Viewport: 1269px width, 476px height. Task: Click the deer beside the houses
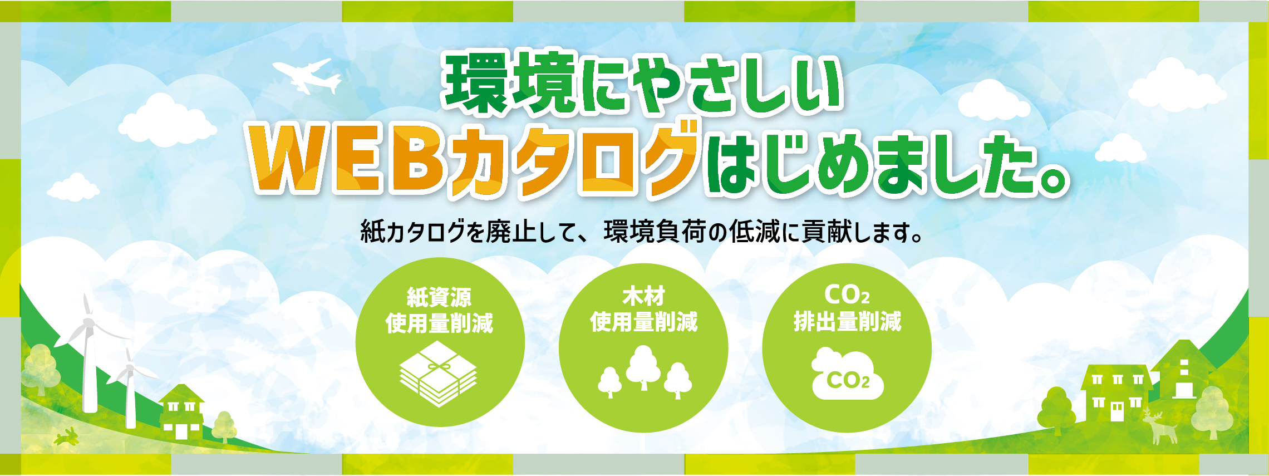pyautogui.click(x=1159, y=426)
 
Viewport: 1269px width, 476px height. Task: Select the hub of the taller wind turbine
pyautogui.click(x=88, y=322)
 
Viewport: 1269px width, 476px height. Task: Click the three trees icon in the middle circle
pyautogui.click(x=645, y=372)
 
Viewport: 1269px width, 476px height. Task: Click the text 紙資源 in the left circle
pyautogui.click(x=439, y=297)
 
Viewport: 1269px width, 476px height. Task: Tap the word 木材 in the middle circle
pyautogui.click(x=643, y=296)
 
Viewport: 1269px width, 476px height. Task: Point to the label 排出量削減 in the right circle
pyautogui.click(x=847, y=322)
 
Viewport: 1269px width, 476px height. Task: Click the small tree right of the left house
pyautogui.click(x=224, y=426)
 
